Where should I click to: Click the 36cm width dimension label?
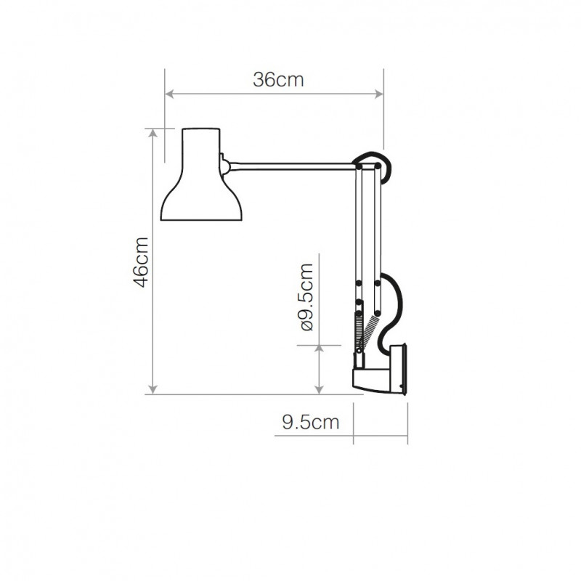point(278,81)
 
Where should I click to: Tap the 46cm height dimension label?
point(142,261)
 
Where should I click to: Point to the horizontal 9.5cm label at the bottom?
point(310,423)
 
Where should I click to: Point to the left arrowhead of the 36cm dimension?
point(170,94)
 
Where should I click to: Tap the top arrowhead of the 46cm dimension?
point(153,134)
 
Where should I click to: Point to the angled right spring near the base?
point(372,330)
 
